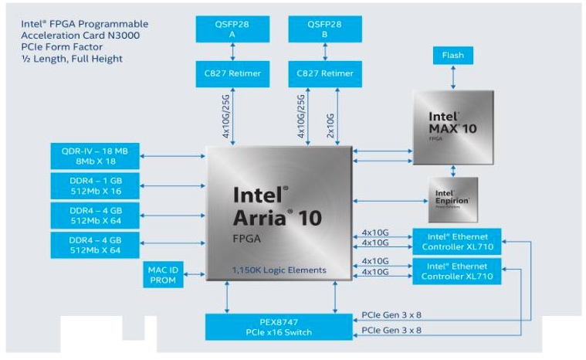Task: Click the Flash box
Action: [453, 56]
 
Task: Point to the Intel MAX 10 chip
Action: [452, 127]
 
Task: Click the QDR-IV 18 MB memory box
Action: [94, 156]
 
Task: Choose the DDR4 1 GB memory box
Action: [94, 185]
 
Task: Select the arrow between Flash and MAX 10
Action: [453, 77]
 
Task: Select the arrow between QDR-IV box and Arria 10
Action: [171, 156]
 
